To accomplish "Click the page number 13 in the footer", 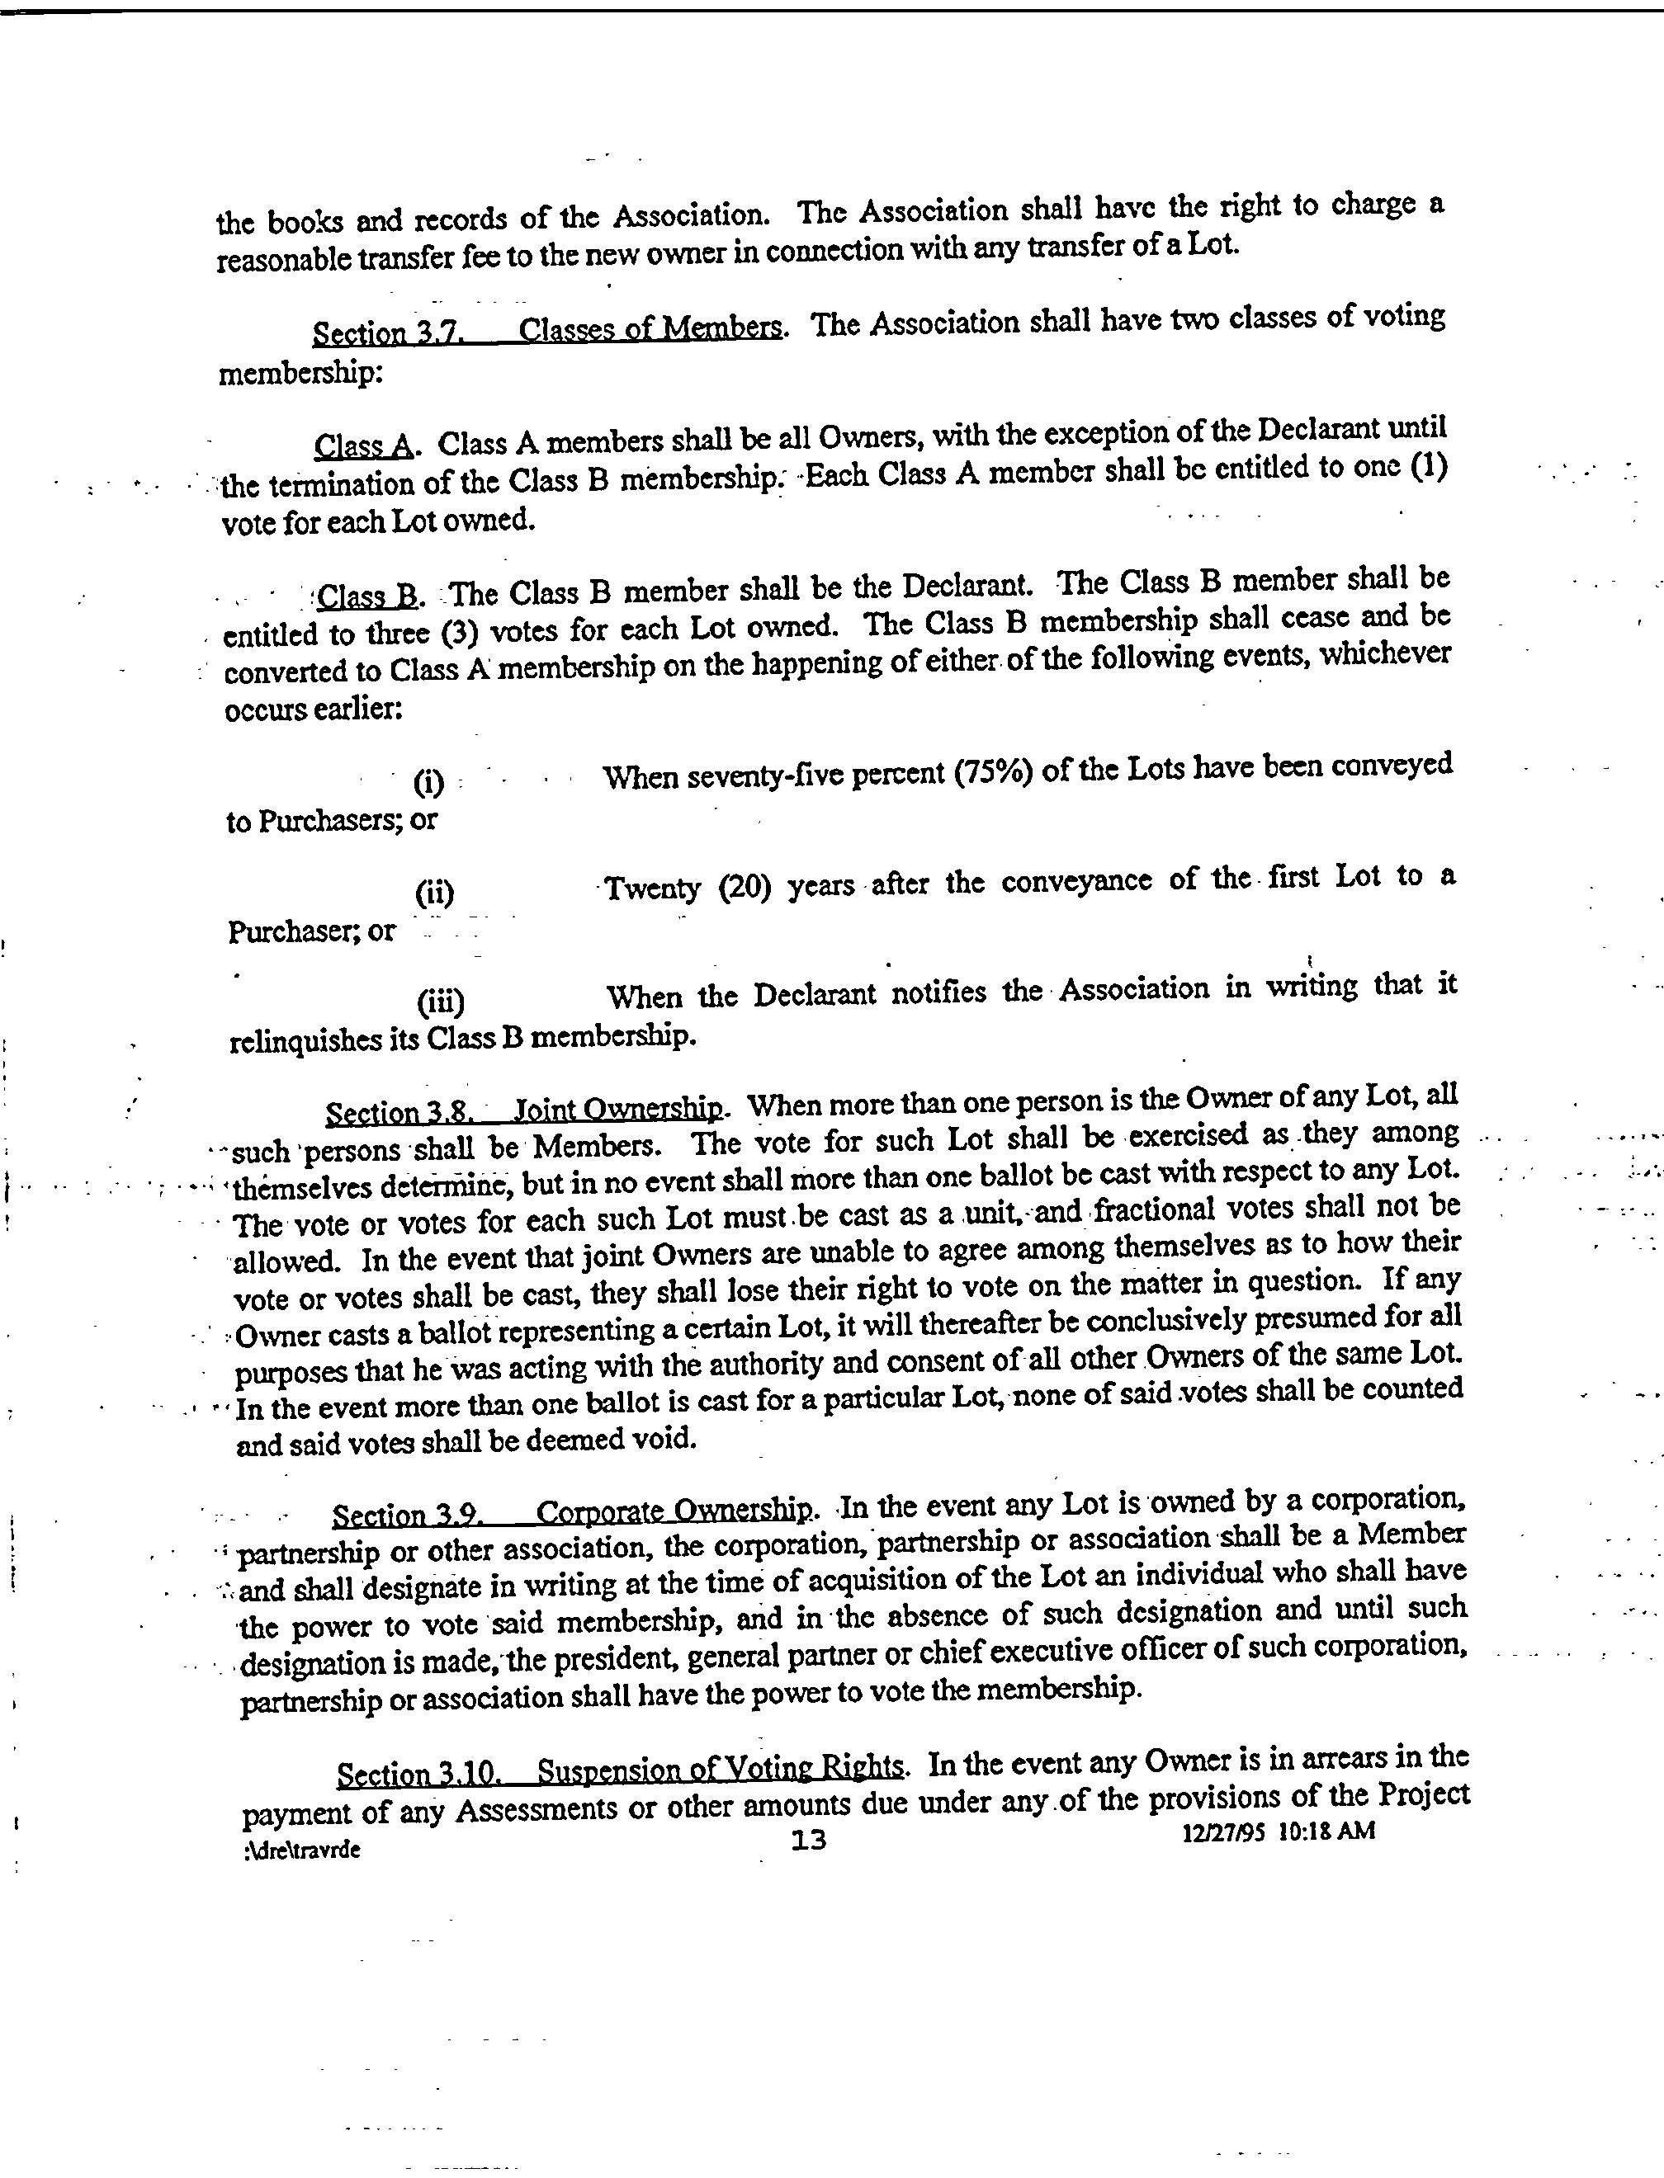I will coord(809,1840).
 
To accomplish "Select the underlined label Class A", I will coord(363,446).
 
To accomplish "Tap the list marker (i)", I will coord(429,783).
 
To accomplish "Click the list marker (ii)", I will coord(435,893).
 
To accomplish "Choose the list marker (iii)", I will coord(441,1002).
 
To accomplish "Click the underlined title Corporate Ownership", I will coord(674,1511).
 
